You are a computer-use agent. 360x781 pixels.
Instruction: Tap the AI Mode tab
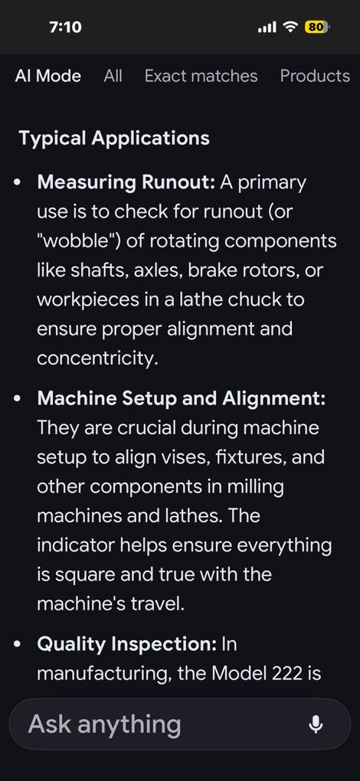point(47,77)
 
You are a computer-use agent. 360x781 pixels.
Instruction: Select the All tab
point(113,77)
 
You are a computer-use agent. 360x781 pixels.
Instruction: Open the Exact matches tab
point(201,77)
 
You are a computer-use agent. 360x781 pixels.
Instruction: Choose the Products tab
point(315,77)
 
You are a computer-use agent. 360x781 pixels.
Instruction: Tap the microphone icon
point(316,724)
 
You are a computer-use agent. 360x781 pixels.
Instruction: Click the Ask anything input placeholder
point(105,724)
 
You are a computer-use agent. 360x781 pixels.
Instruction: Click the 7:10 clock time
point(66,27)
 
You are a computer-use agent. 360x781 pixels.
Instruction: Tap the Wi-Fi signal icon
point(290,27)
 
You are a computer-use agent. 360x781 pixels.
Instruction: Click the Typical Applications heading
point(114,138)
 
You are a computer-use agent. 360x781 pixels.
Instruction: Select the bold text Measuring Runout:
point(126,183)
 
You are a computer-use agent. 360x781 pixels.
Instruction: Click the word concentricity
point(97,359)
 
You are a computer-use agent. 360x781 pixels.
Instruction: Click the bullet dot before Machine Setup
point(18,400)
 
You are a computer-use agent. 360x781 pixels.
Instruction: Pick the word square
point(82,576)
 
